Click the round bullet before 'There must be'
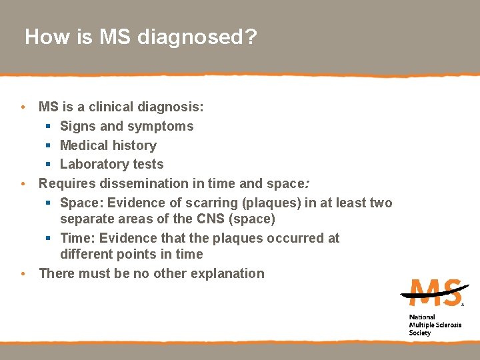tap(23, 273)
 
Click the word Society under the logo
tap(420, 333)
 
